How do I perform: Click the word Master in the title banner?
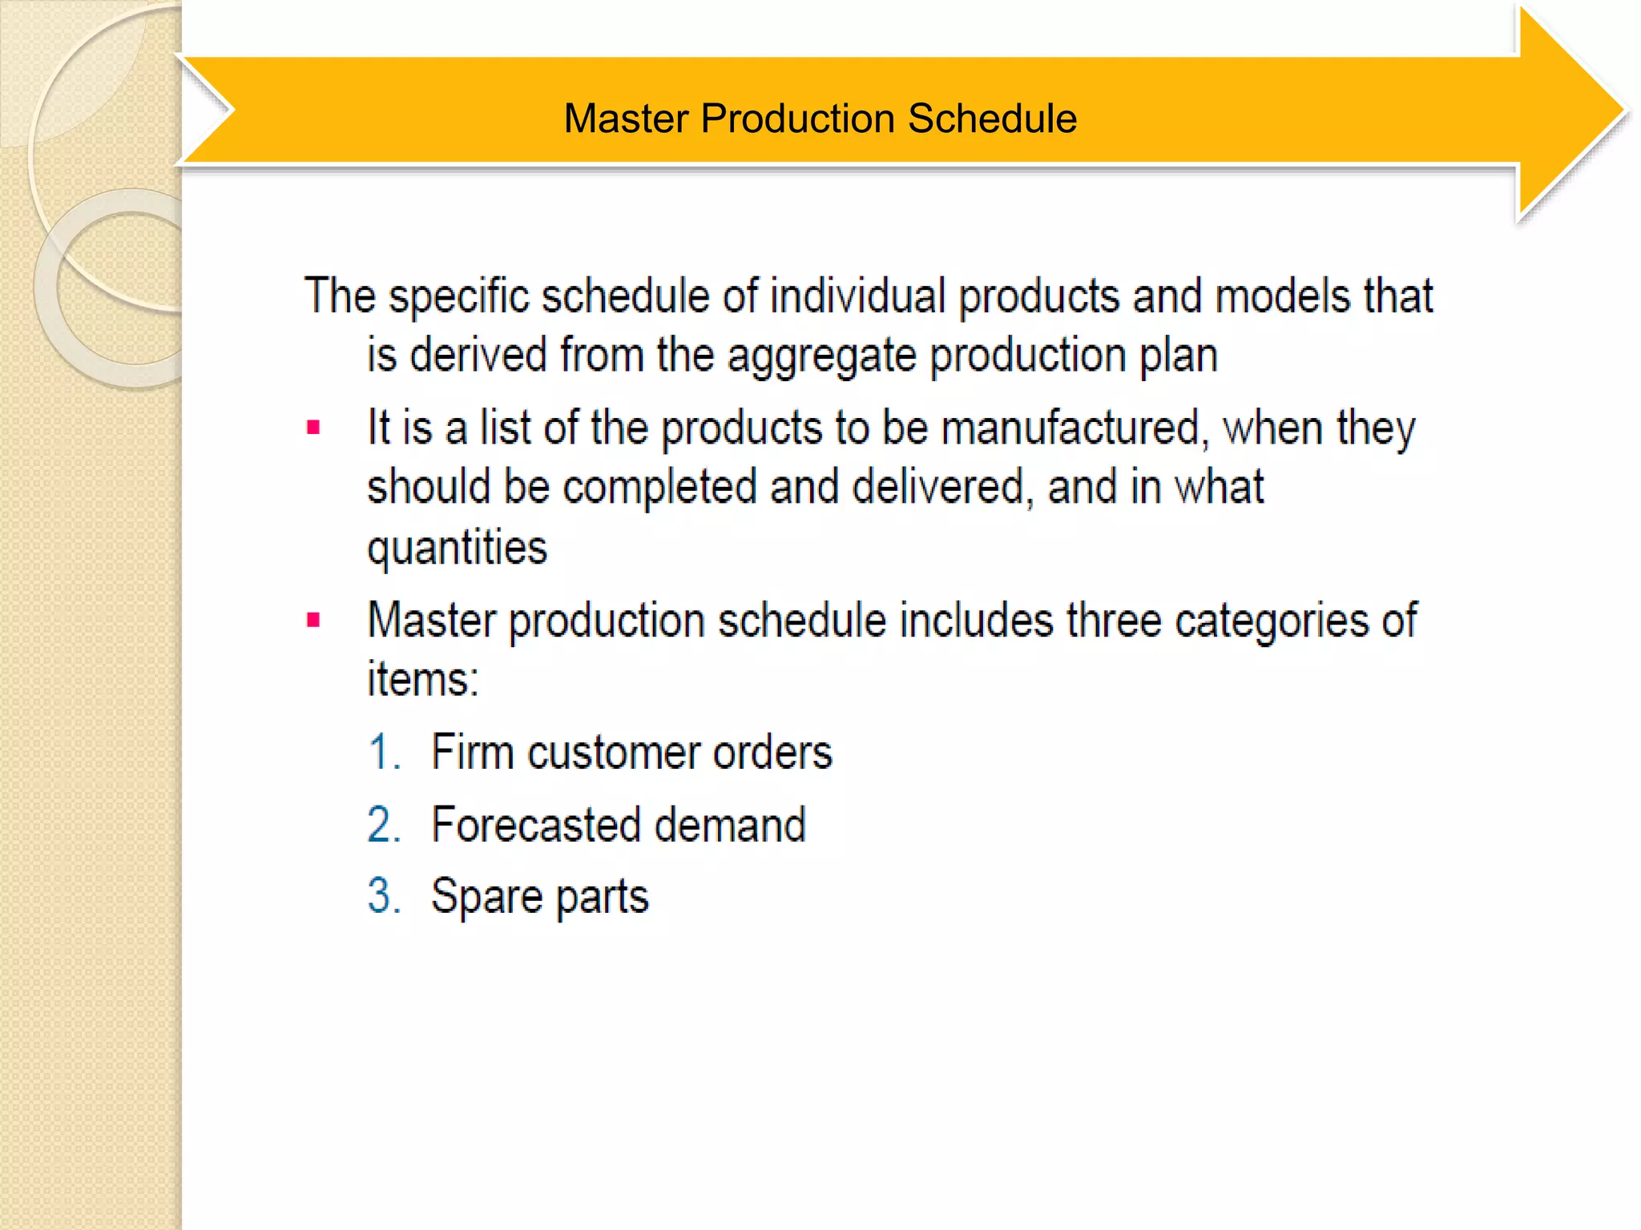click(x=626, y=119)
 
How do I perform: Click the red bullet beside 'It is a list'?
click(x=313, y=428)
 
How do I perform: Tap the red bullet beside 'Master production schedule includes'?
click(x=313, y=620)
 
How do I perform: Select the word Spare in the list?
click(x=486, y=895)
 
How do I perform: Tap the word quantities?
click(x=457, y=549)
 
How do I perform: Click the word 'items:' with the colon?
click(x=422, y=679)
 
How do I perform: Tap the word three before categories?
click(x=1114, y=620)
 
